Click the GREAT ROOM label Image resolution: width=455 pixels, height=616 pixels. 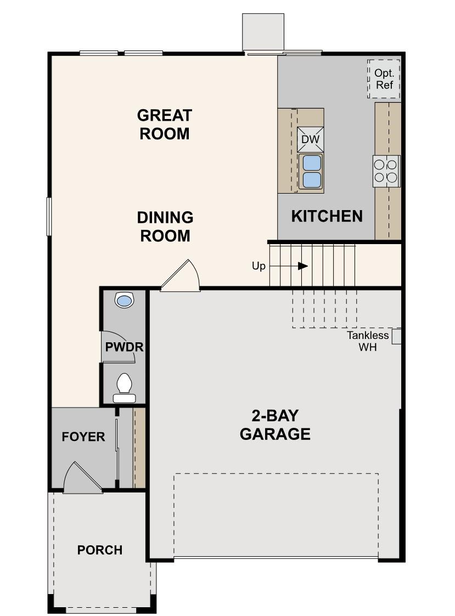click(x=164, y=125)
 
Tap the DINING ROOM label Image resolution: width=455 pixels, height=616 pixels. click(x=165, y=227)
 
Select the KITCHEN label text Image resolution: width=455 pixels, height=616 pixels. click(x=327, y=216)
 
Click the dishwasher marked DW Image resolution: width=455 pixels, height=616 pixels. click(x=311, y=139)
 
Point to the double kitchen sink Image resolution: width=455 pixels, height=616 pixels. click(x=311, y=172)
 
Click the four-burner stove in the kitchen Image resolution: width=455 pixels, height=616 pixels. click(x=386, y=171)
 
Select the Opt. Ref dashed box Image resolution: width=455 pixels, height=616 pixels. click(x=384, y=79)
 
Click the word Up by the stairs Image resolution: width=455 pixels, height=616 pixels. click(x=259, y=266)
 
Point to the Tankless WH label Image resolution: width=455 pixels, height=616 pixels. click(x=367, y=341)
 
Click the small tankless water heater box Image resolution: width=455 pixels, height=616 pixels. click(x=397, y=336)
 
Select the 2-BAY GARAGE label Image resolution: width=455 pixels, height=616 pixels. click(x=275, y=425)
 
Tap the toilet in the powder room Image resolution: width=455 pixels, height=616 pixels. click(x=124, y=386)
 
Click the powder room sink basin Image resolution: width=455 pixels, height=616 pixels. click(x=125, y=301)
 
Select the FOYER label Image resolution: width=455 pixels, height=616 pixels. click(x=83, y=437)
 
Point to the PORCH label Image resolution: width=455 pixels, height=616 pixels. click(x=99, y=550)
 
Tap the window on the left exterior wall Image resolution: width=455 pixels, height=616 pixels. click(x=49, y=217)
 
